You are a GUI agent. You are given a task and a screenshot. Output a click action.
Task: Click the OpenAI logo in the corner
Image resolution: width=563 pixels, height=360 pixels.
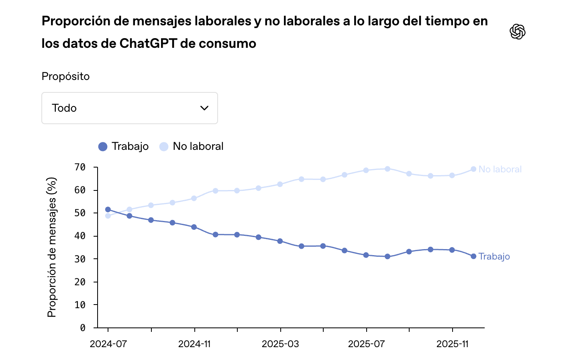coord(518,32)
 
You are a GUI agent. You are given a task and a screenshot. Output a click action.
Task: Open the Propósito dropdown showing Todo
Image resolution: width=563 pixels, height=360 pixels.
coord(129,108)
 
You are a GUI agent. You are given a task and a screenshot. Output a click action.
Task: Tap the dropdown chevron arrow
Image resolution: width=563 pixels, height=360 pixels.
coord(204,108)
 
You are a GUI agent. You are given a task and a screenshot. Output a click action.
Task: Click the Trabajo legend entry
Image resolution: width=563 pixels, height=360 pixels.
coord(124,147)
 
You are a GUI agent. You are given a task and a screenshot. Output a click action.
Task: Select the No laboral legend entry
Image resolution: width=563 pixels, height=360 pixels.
coord(192,147)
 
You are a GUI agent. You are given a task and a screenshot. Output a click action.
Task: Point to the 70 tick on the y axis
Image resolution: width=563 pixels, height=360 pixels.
coord(80,167)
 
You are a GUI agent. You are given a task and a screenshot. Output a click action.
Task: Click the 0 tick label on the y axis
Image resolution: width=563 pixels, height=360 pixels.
coord(83,328)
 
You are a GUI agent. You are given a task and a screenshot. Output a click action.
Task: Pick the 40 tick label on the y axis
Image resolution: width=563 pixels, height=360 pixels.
coord(80,236)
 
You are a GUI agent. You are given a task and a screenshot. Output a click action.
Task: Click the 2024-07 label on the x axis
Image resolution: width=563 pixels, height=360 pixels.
coord(108,344)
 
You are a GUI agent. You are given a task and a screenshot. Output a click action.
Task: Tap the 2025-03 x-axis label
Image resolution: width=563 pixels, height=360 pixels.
coord(280,344)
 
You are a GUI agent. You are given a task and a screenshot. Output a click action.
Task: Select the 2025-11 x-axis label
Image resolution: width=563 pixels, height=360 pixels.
coord(453,344)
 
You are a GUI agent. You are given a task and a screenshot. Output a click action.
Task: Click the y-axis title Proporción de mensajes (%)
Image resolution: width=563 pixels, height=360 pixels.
coord(52,247)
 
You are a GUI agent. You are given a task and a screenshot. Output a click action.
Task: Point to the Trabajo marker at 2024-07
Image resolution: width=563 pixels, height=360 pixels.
coord(108,209)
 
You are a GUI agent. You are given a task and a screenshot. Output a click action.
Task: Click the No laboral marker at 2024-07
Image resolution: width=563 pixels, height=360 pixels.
coord(108,216)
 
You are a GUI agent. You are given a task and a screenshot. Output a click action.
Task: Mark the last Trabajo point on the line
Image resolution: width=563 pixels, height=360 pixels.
coord(473,256)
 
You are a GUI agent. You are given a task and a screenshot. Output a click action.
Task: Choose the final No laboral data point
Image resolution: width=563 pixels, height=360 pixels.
coord(473,169)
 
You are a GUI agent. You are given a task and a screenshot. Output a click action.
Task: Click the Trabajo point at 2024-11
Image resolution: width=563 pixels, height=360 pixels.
coord(194,227)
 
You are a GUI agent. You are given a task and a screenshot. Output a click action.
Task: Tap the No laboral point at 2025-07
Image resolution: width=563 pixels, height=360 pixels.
coord(366,170)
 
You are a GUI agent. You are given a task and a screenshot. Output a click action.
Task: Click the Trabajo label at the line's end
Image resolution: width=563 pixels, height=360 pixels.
coord(494,256)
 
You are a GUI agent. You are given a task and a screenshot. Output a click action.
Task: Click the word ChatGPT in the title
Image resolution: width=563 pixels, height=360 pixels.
coord(148,43)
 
